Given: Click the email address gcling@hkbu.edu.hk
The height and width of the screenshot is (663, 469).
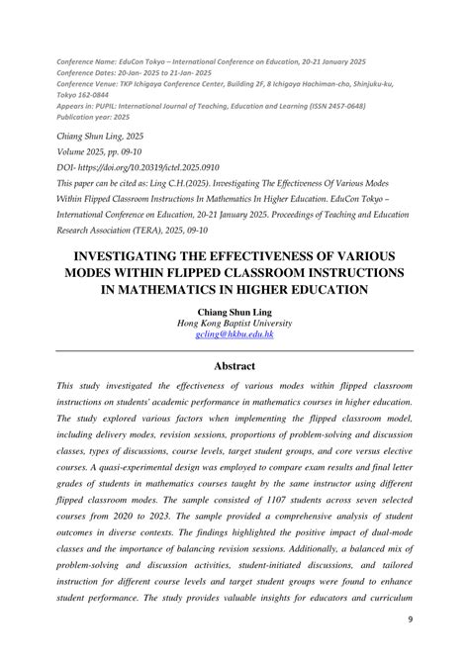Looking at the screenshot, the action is [x=234, y=335].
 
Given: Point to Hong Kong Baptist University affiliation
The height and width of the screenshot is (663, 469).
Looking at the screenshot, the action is [x=234, y=322].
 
